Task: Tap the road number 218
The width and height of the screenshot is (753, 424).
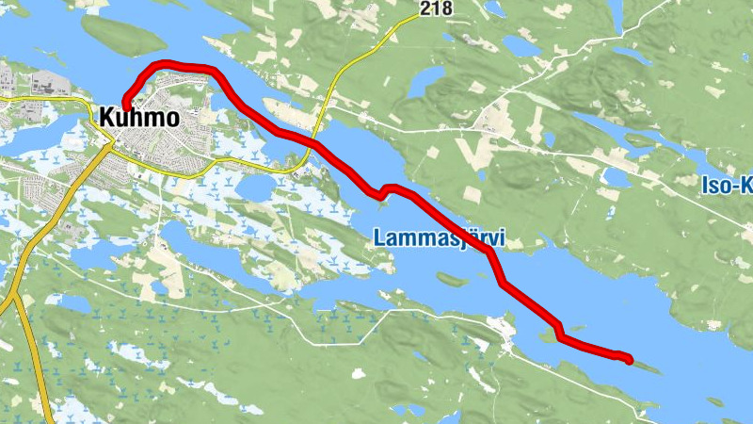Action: coord(436,9)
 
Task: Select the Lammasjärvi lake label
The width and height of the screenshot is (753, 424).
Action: coord(439,237)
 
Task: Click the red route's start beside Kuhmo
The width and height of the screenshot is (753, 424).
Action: coord(125,106)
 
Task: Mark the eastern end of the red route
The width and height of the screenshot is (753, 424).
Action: coord(628,358)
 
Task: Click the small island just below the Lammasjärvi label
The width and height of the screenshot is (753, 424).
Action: coord(451,279)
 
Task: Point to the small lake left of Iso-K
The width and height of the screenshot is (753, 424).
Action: coord(617,176)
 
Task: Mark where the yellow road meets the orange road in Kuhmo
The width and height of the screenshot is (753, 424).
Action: coord(113,142)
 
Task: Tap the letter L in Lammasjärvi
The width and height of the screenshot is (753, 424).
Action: coord(379,237)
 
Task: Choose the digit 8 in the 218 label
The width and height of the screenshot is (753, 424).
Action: coord(447,9)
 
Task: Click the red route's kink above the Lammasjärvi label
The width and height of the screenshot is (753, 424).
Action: coord(384,192)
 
